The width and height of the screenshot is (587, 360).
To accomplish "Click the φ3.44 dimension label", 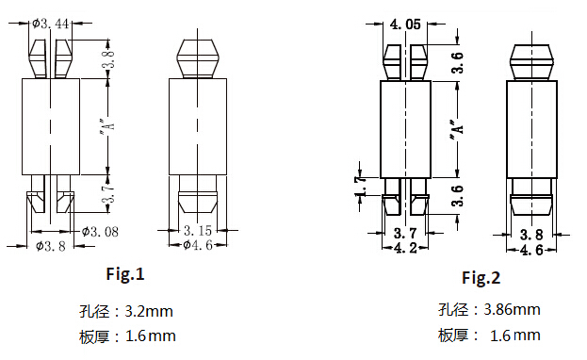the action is pyautogui.click(x=51, y=24).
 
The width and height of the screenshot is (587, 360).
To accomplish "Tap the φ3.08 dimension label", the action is pyautogui.click(x=100, y=232).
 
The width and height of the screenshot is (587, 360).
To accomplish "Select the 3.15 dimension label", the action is pyautogui.click(x=198, y=230).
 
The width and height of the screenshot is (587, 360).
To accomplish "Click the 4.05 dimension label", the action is pyautogui.click(x=405, y=25).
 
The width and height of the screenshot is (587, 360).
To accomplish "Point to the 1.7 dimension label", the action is pyautogui.click(x=361, y=187).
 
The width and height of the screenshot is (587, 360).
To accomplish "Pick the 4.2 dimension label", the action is pyautogui.click(x=405, y=248).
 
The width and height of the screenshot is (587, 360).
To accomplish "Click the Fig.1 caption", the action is pyautogui.click(x=125, y=274).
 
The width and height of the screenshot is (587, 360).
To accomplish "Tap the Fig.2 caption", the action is pyautogui.click(x=481, y=278).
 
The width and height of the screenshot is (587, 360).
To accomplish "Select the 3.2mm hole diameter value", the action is pyautogui.click(x=149, y=311).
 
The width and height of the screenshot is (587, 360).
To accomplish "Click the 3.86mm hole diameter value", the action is pyautogui.click(x=512, y=309).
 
